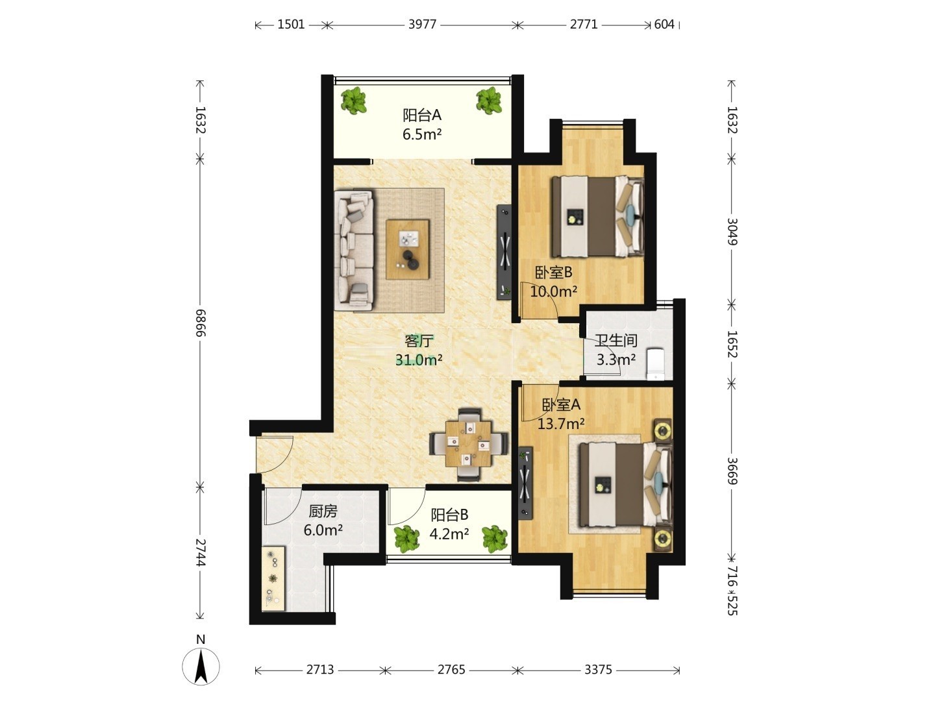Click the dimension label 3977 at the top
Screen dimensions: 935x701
pyautogui.click(x=422, y=24)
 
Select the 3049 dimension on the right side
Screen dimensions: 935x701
pyautogui.click(x=731, y=232)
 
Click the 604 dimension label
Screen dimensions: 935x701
pyautogui.click(x=664, y=24)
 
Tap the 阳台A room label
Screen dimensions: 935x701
pyautogui.click(x=421, y=115)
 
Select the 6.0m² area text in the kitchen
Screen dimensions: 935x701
pyautogui.click(x=323, y=530)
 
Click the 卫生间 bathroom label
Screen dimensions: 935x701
pyautogui.click(x=616, y=340)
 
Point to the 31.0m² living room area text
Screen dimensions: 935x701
pyautogui.click(x=419, y=360)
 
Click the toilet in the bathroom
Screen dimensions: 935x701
pyautogui.click(x=655, y=364)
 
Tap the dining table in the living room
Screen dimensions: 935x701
pyautogui.click(x=468, y=445)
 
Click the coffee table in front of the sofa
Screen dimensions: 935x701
pyautogui.click(x=407, y=249)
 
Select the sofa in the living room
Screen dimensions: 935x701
pyautogui.click(x=354, y=251)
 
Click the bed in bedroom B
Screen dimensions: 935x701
pyautogui.click(x=597, y=217)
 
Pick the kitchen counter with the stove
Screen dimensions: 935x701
pyautogui.click(x=273, y=578)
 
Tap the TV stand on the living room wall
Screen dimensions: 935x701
pyautogui.click(x=505, y=252)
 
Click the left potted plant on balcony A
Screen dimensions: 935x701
pyautogui.click(x=353, y=101)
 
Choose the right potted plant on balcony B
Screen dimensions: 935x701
pyautogui.click(x=495, y=539)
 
